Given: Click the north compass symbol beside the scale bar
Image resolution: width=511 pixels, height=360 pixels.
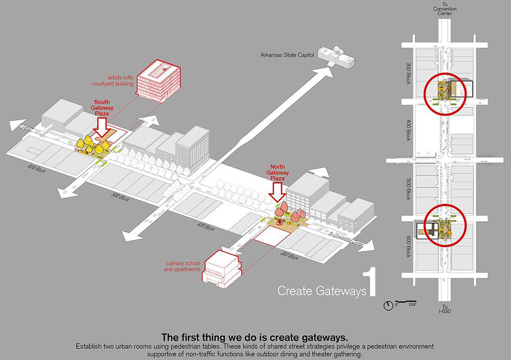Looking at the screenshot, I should pyautogui.click(x=389, y=305).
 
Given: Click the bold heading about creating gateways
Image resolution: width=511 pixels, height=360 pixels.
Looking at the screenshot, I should pyautogui.click(x=254, y=337).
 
